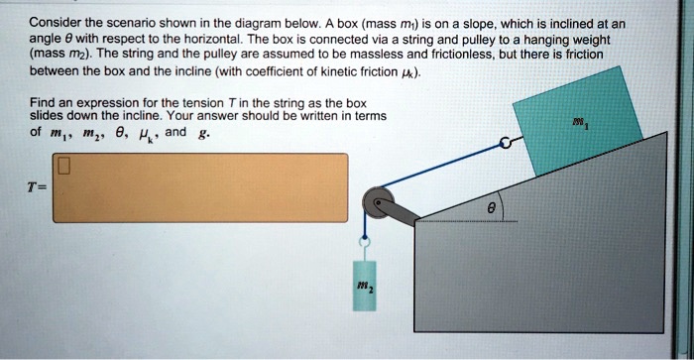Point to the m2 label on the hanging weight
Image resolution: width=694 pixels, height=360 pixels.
[366, 288]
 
